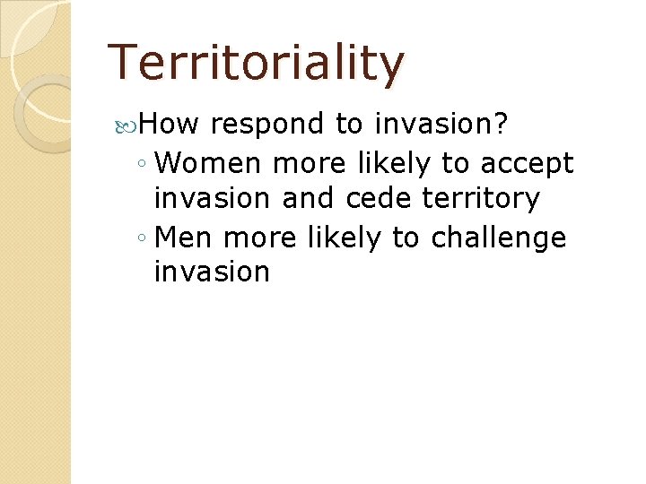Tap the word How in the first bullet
point(171,124)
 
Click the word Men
point(184,238)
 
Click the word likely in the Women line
point(391,165)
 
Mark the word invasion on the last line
point(212,272)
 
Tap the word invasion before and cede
point(212,198)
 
